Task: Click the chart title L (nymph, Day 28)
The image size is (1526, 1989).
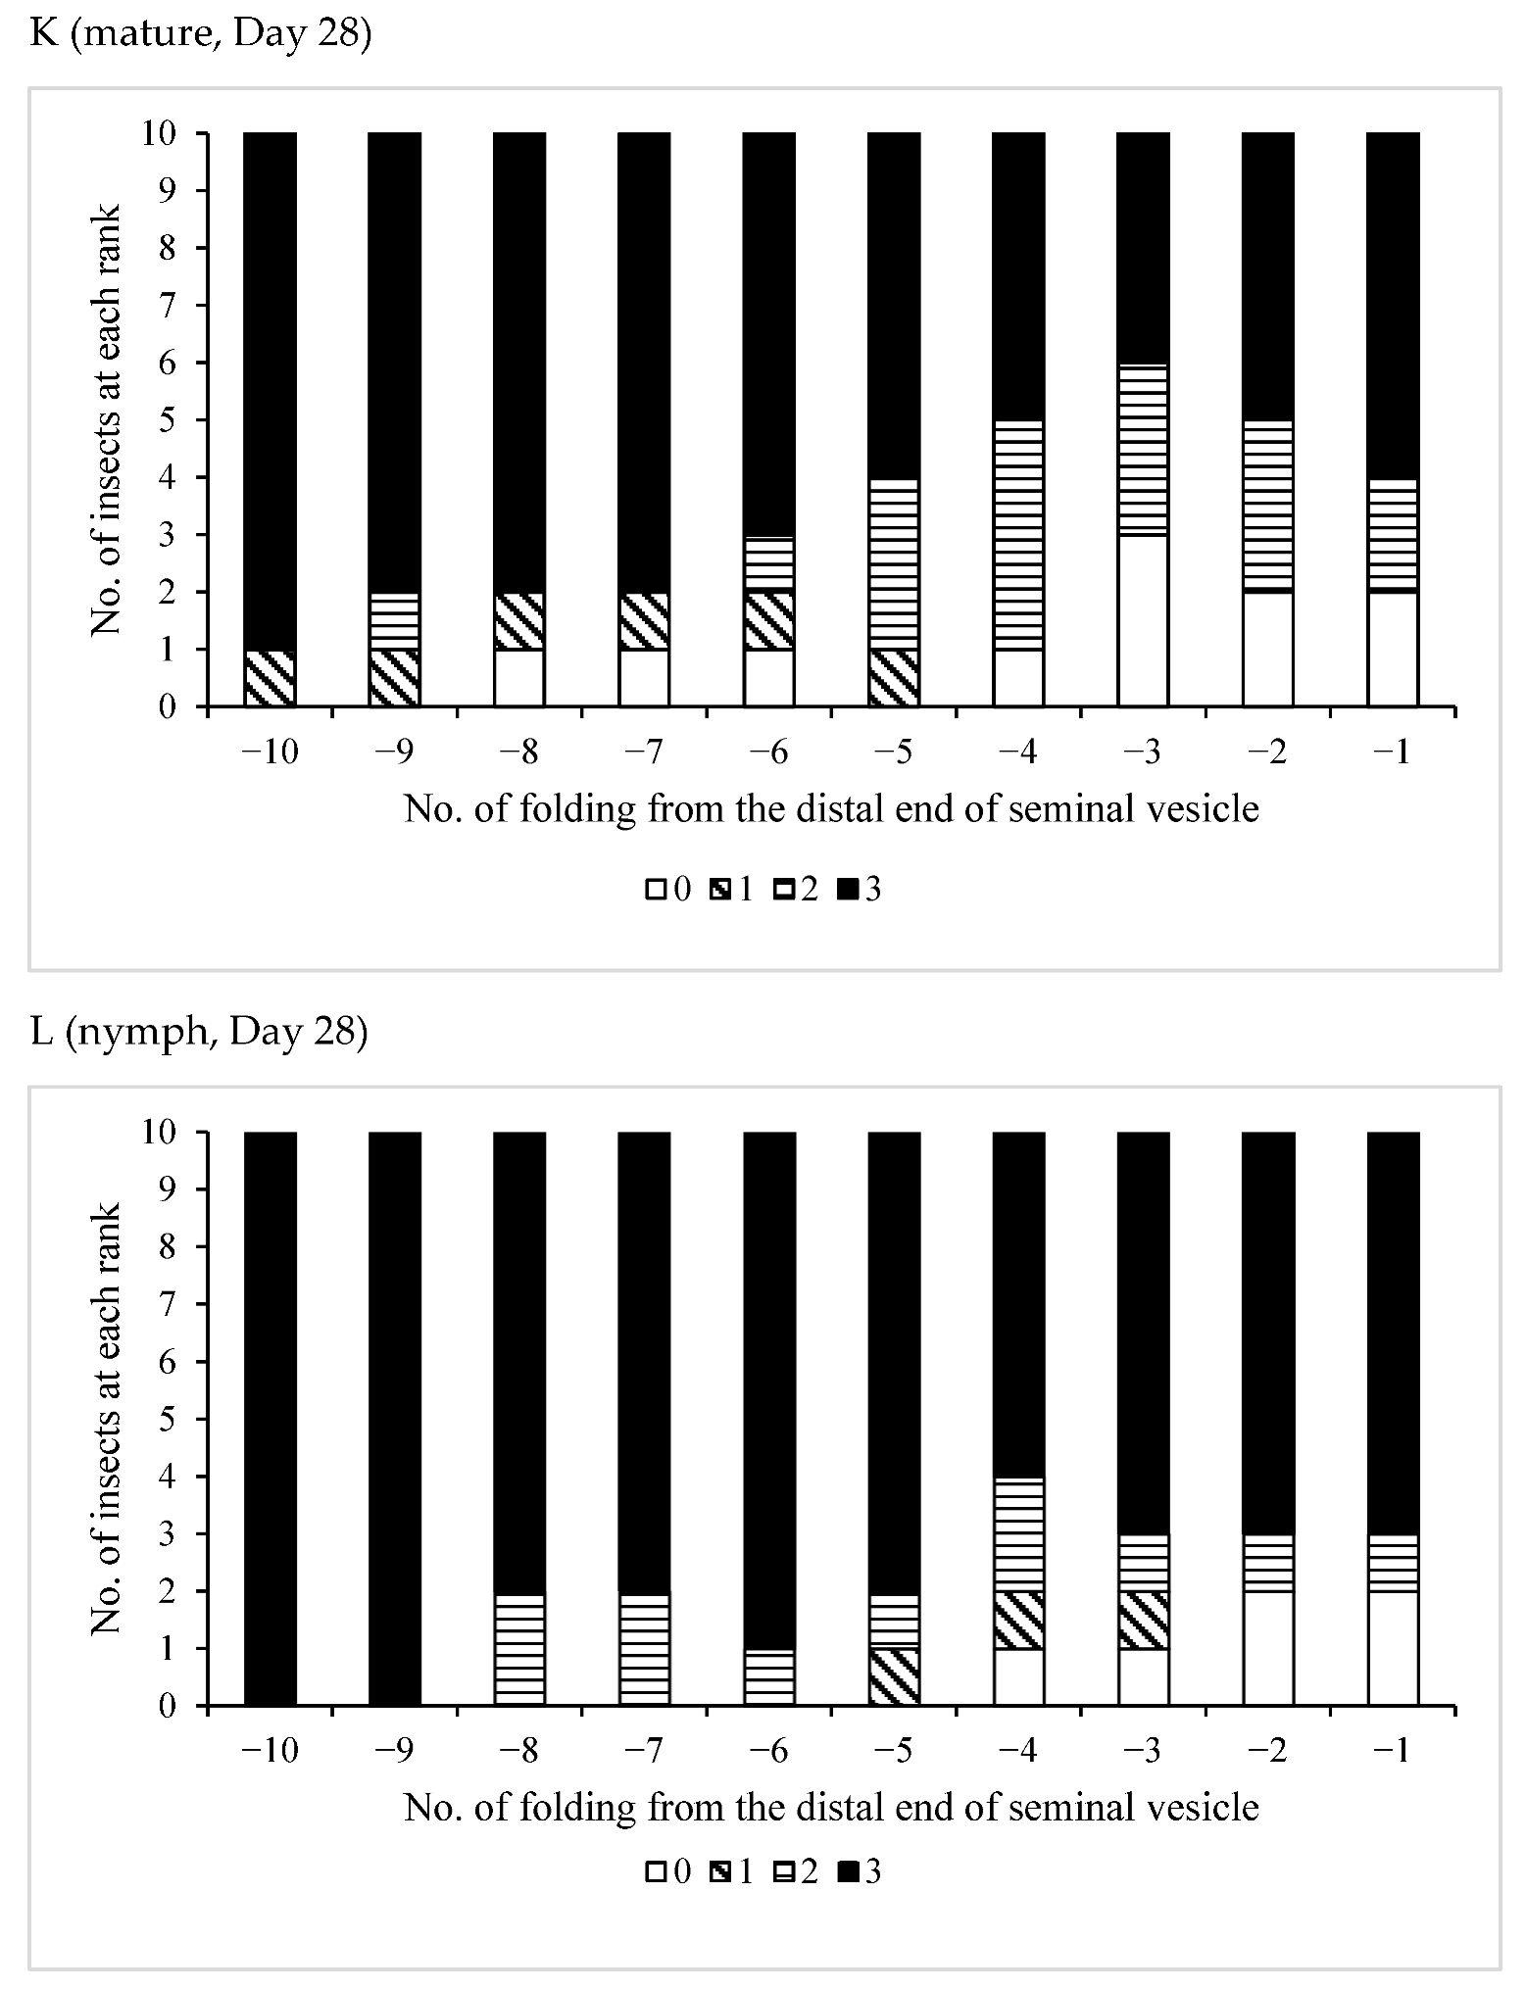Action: coord(199,1033)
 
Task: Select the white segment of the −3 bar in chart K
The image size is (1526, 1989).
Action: coord(1143,620)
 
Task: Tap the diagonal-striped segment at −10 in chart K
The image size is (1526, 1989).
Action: coord(270,678)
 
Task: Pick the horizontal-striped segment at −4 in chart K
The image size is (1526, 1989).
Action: coord(1018,535)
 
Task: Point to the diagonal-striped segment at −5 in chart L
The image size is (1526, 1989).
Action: coord(894,1676)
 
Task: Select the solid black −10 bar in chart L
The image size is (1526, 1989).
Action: coord(270,1419)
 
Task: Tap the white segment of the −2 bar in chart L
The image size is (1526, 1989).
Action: coord(1268,1649)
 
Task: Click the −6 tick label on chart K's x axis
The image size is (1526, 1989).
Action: coord(769,752)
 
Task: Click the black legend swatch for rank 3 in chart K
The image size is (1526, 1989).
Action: coord(848,890)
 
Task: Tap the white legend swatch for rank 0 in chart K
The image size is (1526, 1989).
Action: coord(655,890)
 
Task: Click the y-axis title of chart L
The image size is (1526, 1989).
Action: coord(107,1418)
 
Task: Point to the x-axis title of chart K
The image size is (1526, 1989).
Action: coord(830,809)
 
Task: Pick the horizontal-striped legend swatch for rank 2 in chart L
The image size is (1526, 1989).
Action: coord(783,1872)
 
